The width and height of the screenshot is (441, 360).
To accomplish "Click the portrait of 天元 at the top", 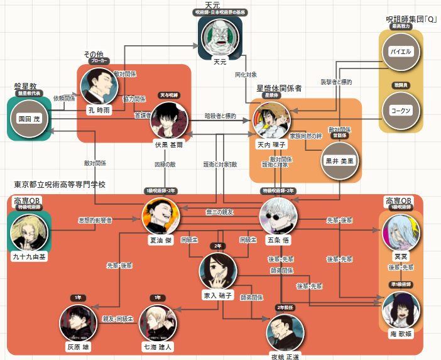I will (220, 37).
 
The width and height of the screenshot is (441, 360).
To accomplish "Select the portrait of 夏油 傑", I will (161, 216).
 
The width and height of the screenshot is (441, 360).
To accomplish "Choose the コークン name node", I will (400, 110).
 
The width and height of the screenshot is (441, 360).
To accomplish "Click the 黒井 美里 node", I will (339, 160).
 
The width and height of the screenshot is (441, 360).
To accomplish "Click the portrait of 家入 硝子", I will (217, 271).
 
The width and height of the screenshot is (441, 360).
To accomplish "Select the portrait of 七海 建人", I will (157, 323).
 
